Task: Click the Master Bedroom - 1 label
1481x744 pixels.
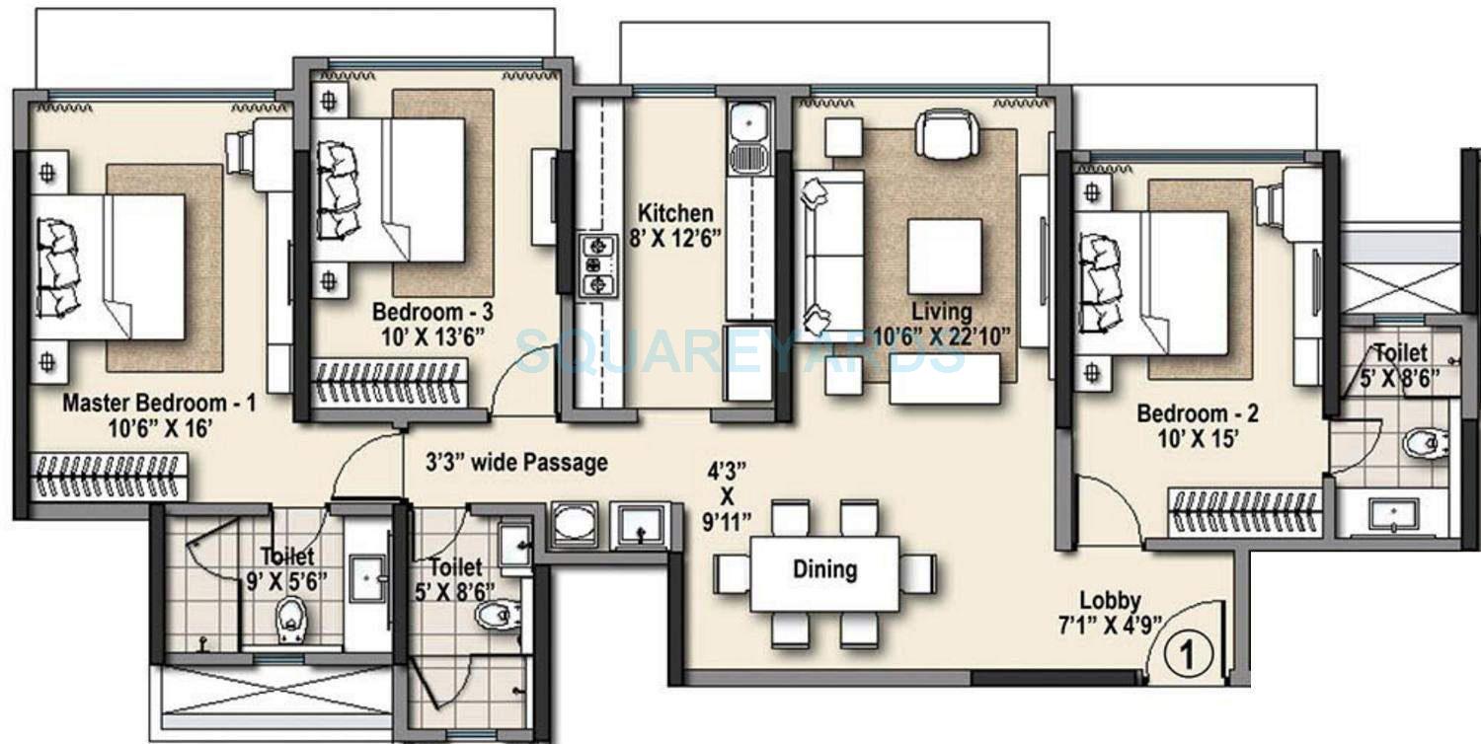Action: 159,404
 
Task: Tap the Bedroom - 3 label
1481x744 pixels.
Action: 432,312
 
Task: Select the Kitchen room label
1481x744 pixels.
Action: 674,213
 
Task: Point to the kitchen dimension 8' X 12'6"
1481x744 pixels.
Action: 674,237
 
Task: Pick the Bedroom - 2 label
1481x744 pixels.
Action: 1198,413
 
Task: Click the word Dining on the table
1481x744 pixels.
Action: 824,569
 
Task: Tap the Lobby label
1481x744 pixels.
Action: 1110,600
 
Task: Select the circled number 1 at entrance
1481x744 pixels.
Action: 1184,654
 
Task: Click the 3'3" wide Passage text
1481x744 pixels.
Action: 516,462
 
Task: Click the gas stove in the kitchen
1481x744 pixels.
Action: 596,265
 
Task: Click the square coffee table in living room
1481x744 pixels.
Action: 945,257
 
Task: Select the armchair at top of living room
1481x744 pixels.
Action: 947,131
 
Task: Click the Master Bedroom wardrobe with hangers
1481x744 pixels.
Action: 110,477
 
